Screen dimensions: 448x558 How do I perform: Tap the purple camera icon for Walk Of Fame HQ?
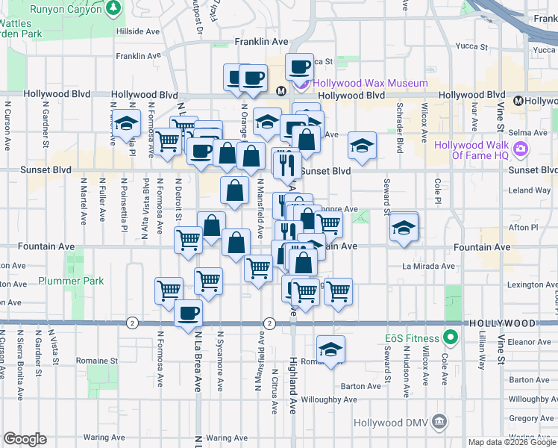point(521,149)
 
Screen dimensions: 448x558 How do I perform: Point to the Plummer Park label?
point(72,281)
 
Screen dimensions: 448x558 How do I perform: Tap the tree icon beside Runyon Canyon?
point(113,8)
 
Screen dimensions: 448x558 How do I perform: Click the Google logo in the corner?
point(25,439)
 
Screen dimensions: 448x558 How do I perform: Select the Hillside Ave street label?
point(139,32)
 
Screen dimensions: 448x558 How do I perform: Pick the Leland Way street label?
point(529,190)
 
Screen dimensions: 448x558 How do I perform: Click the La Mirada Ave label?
point(428,266)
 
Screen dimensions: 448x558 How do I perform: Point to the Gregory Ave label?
point(530,419)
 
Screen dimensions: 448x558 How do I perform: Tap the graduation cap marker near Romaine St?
point(330,348)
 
